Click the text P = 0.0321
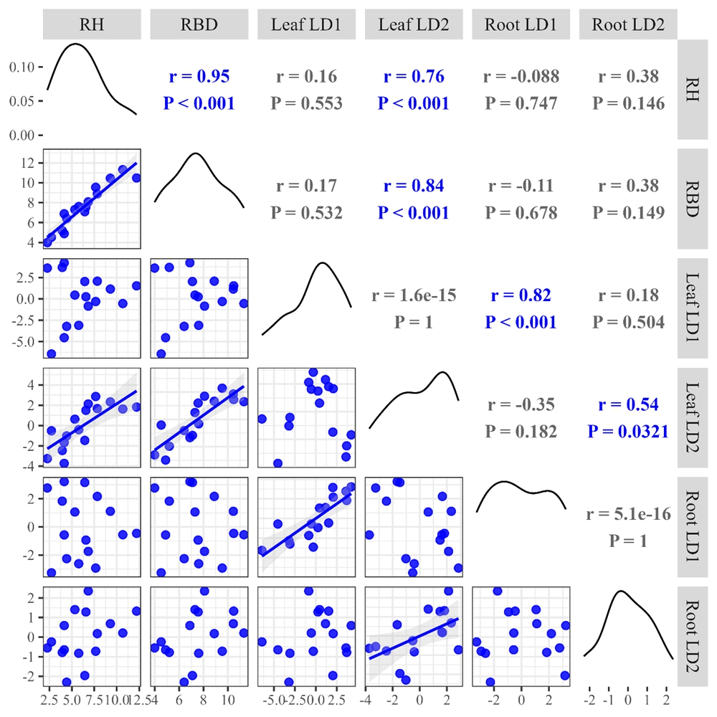[629, 431]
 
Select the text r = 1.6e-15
[414, 295]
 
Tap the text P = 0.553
[306, 103]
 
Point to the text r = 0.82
[521, 295]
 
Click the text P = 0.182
[521, 431]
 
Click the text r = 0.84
[414, 186]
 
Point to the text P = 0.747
[521, 103]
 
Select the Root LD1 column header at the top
[521, 26]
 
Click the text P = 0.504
[629, 322]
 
